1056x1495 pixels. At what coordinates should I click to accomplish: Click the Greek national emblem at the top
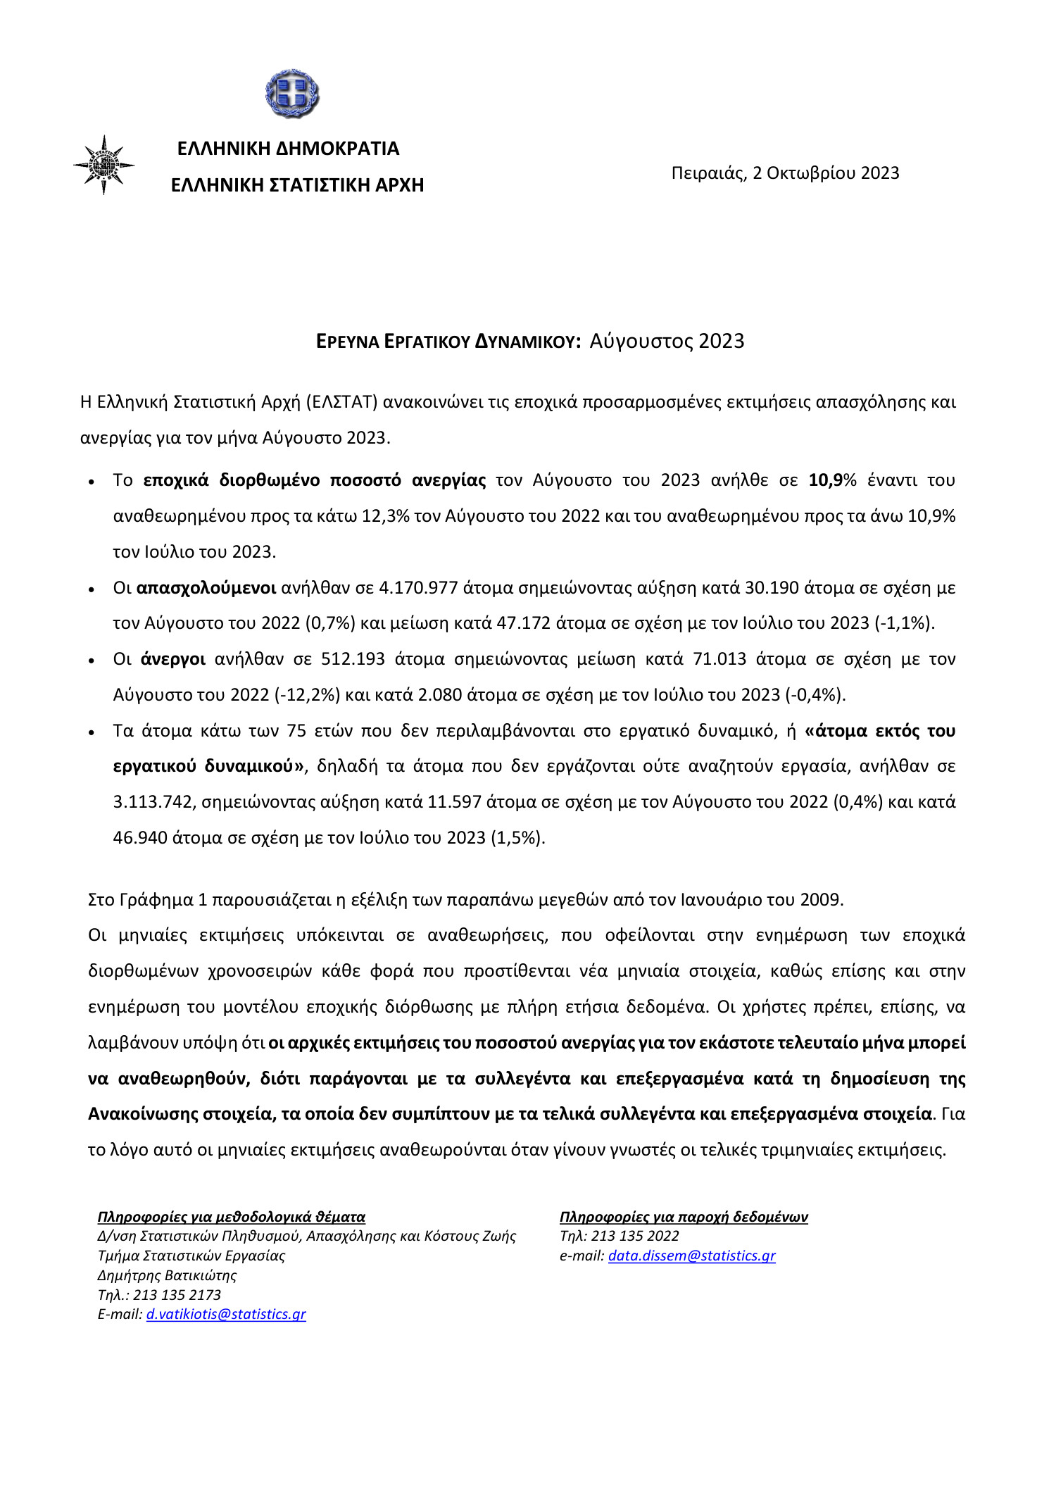click(x=292, y=94)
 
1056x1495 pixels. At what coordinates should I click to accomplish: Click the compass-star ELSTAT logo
click(x=104, y=165)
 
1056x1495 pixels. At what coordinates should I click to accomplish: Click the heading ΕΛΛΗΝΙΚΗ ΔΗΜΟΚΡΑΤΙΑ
click(x=288, y=149)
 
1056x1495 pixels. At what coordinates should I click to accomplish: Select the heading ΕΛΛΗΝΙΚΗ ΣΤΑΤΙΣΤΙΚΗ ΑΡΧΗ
click(x=297, y=185)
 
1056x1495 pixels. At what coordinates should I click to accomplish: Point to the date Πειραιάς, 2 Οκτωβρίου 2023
click(x=785, y=173)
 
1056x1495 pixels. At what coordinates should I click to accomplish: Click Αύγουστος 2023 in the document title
click(x=667, y=341)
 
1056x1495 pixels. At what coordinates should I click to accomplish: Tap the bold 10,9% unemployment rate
click(x=832, y=480)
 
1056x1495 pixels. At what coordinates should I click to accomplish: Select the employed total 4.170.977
click(x=418, y=588)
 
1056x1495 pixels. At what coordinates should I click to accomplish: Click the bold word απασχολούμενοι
click(x=206, y=588)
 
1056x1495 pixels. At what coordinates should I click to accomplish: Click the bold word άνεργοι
click(x=173, y=659)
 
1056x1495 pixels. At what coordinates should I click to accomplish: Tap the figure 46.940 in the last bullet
click(x=140, y=838)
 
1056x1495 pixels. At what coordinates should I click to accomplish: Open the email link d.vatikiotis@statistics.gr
click(x=226, y=1314)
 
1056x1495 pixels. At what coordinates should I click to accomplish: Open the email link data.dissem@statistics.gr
click(x=691, y=1256)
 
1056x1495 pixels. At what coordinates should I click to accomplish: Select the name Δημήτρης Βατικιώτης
click(x=167, y=1275)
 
